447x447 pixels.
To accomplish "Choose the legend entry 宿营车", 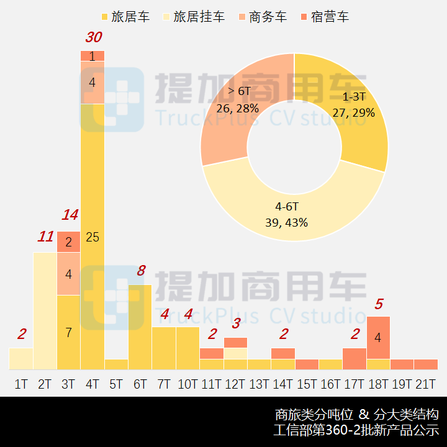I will pyautogui.click(x=323, y=17).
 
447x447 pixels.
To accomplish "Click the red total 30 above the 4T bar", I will pyautogui.click(x=93, y=37).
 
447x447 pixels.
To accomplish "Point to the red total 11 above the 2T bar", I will pyautogui.click(x=46, y=237).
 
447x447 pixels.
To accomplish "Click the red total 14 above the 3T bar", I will pyautogui.click(x=70, y=215).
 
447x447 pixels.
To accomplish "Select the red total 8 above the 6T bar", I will pyautogui.click(x=141, y=270).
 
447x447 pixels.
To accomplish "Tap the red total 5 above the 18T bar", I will pyautogui.click(x=379, y=304).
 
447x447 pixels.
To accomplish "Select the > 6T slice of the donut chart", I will pyautogui.click(x=239, y=99).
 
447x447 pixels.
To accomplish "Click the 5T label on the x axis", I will pyautogui.click(x=116, y=384).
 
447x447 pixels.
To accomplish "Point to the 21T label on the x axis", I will pyautogui.click(x=425, y=384).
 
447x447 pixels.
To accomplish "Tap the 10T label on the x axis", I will pyautogui.click(x=187, y=384).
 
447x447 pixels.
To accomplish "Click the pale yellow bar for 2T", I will pyautogui.click(x=45, y=310).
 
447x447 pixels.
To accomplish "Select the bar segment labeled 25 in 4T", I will pyautogui.click(x=93, y=237).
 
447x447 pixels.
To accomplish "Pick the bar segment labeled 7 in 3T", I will pyautogui.click(x=69, y=332).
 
